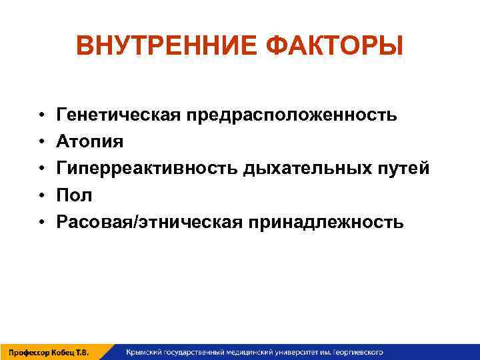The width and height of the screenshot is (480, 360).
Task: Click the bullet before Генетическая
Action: pyautogui.click(x=41, y=116)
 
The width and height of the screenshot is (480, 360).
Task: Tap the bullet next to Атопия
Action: pyautogui.click(x=41, y=142)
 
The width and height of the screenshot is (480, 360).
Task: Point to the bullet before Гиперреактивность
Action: pyautogui.click(x=41, y=169)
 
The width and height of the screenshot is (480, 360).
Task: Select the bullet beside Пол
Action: pyautogui.click(x=41, y=195)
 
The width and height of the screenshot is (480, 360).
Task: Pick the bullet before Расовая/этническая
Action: pyautogui.click(x=41, y=222)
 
